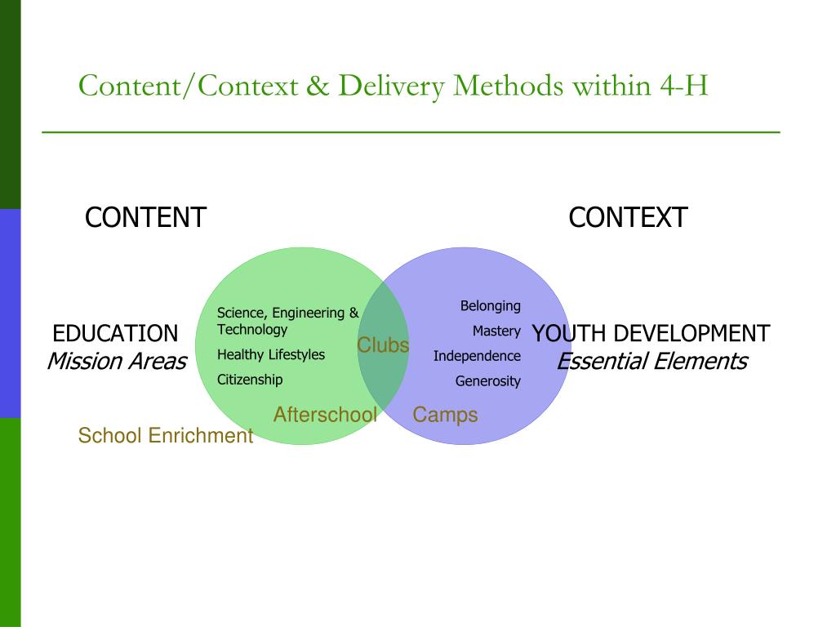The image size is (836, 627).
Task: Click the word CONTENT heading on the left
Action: [145, 218]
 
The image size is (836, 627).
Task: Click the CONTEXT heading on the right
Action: [628, 218]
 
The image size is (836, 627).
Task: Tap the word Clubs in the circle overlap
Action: [383, 345]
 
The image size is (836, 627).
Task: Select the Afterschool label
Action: [325, 415]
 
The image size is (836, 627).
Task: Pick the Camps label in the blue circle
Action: [445, 415]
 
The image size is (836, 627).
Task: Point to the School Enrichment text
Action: [166, 436]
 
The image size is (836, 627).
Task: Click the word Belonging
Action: [490, 306]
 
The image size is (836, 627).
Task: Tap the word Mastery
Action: [496, 331]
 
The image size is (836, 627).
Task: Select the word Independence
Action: [477, 356]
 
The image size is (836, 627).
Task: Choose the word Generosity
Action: [487, 381]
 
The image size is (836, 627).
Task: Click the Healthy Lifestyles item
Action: [271, 355]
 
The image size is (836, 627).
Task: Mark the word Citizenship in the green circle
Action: [250, 380]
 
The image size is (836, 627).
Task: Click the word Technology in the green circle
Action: [252, 330]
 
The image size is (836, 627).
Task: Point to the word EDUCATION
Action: [115, 334]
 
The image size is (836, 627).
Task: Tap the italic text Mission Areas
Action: [117, 361]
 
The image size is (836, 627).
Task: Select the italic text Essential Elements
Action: [651, 361]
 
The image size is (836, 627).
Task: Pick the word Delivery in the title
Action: [392, 85]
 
